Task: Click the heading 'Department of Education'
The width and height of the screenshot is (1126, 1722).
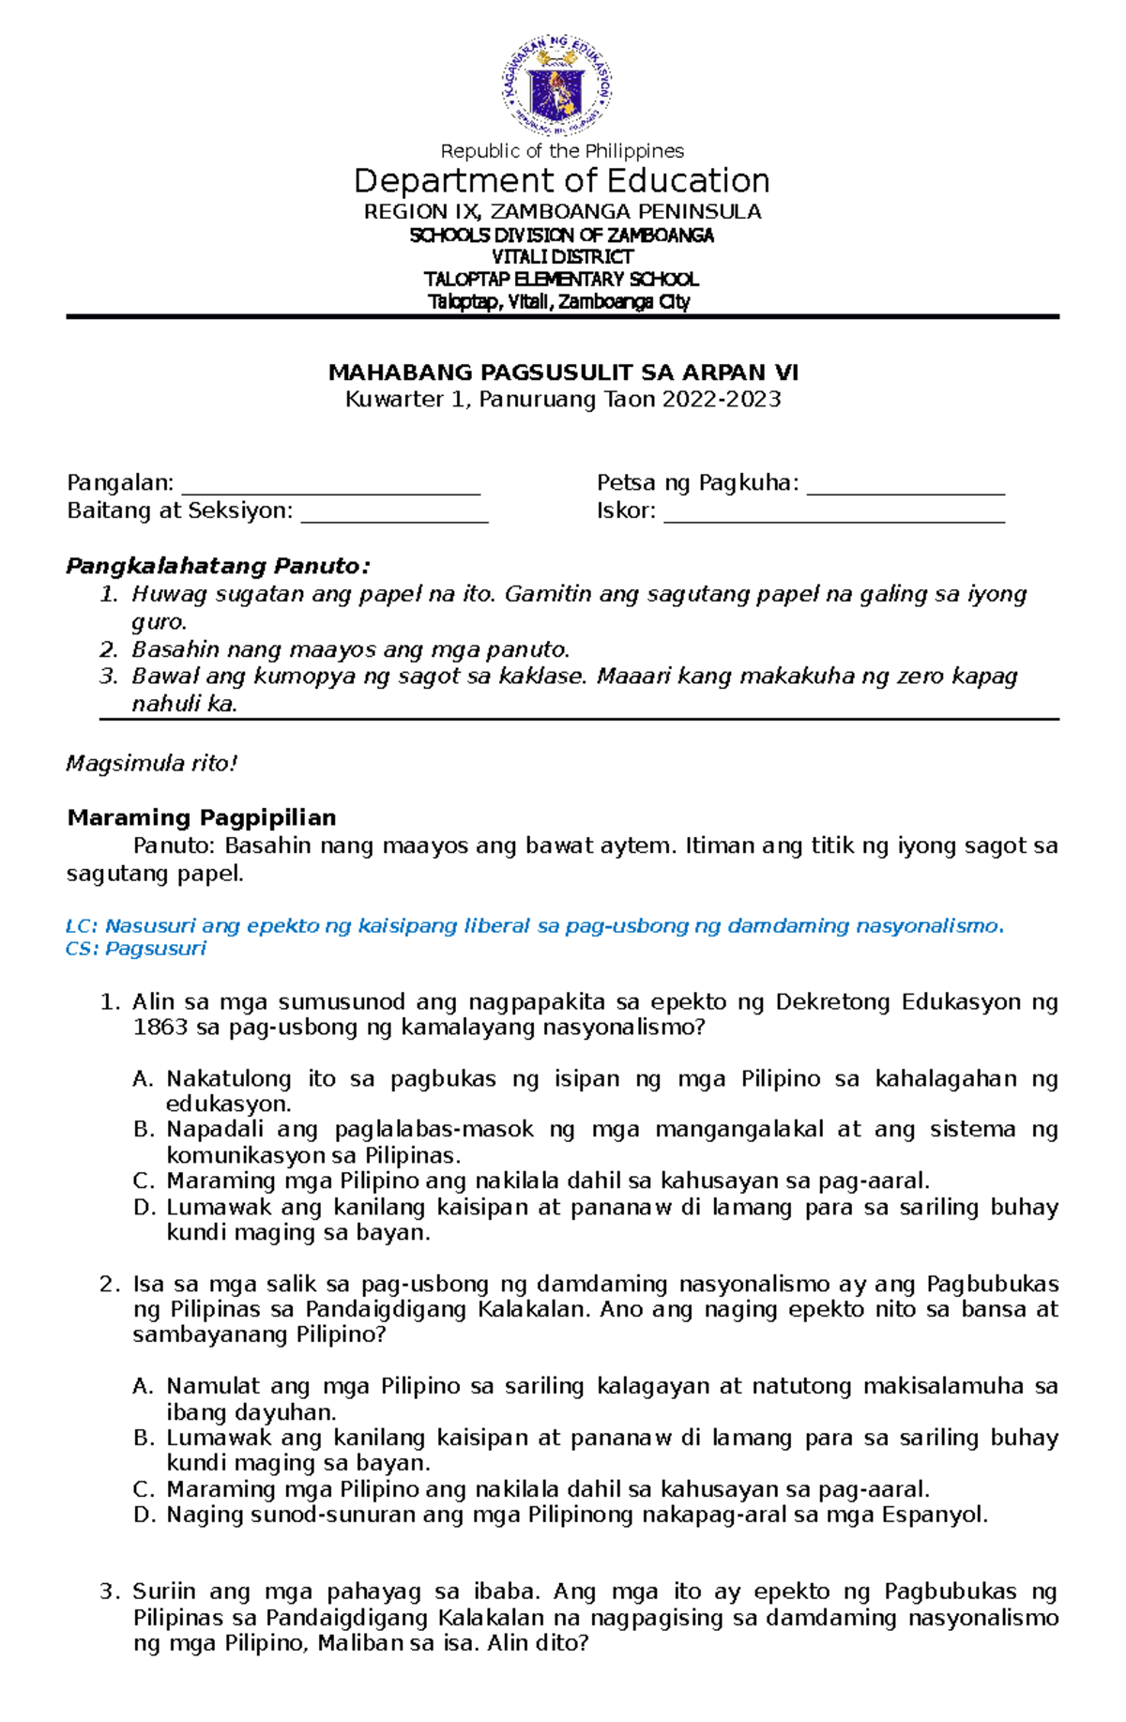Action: [x=561, y=180]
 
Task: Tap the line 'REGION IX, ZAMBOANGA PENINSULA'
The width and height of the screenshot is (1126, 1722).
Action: [x=562, y=212]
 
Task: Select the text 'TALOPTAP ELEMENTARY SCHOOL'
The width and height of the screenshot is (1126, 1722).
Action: [x=561, y=280]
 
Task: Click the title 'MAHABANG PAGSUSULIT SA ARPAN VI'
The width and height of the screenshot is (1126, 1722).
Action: [x=563, y=373]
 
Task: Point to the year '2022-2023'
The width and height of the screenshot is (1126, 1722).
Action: [x=721, y=400]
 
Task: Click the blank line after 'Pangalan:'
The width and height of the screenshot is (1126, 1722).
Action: [x=330, y=484]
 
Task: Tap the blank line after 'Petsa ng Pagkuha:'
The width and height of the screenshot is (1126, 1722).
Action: [x=905, y=484]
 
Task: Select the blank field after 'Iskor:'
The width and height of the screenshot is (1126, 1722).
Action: [x=834, y=512]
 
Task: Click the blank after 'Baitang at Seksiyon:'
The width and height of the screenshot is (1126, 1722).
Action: [x=394, y=512]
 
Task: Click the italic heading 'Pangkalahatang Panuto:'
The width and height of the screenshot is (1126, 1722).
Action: [x=218, y=567]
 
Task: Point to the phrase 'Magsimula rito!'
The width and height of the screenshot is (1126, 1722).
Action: [x=151, y=764]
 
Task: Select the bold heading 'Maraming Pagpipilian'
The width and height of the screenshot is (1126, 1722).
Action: [x=202, y=817]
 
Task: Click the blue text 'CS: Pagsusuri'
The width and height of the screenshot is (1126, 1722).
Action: [x=136, y=949]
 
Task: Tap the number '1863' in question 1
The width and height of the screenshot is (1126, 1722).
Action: [x=160, y=1028]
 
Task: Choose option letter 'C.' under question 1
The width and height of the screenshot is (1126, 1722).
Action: [x=143, y=1181]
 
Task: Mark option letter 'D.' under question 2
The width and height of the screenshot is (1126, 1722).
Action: [x=143, y=1515]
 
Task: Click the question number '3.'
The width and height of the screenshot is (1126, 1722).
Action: [x=110, y=1592]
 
